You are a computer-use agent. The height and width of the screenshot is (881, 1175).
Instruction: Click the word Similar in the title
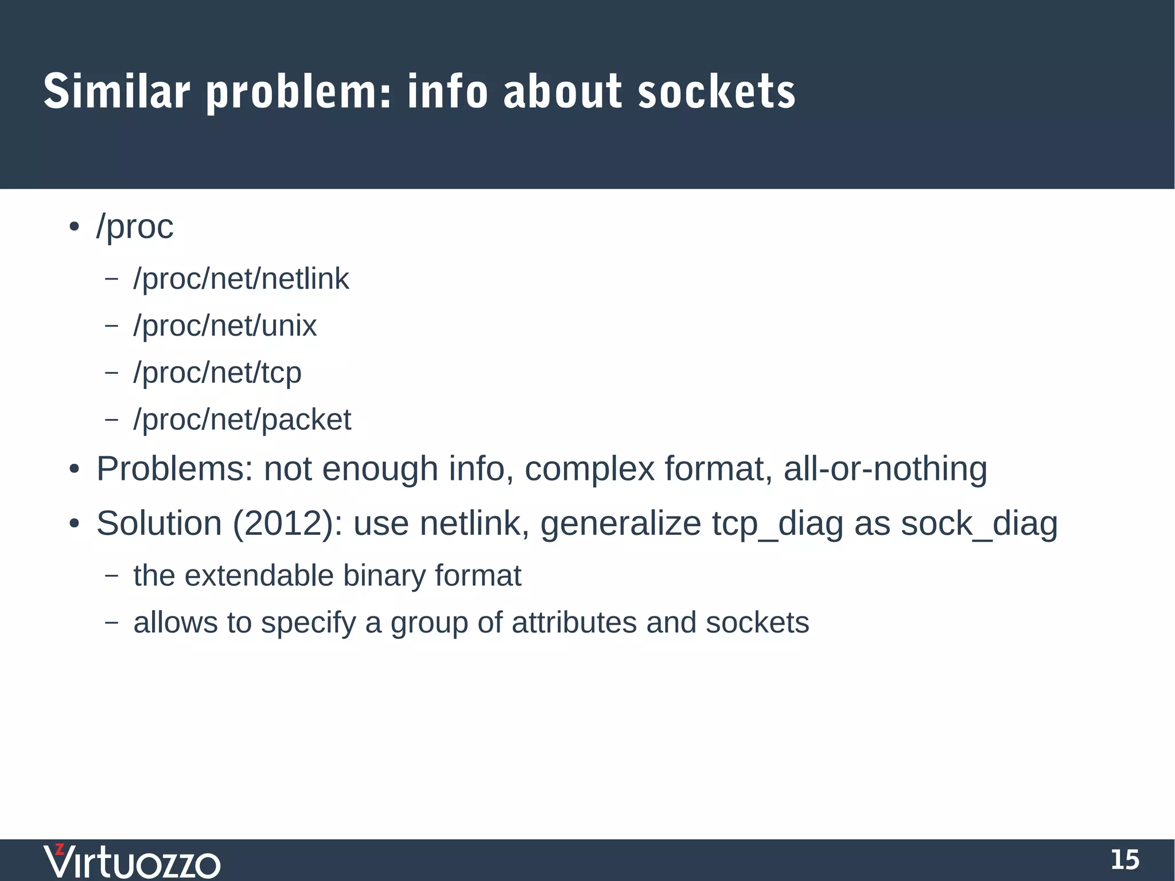point(116,92)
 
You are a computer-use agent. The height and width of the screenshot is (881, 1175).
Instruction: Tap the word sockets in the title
point(717,92)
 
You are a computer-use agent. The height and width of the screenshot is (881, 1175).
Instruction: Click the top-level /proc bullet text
point(135,227)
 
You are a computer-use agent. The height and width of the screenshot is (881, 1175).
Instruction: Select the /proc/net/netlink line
point(241,280)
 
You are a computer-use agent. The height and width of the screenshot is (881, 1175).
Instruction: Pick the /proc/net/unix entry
point(225,327)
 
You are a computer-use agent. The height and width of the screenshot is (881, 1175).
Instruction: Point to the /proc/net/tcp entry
point(217,374)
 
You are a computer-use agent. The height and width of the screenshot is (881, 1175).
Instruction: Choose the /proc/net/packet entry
point(242,420)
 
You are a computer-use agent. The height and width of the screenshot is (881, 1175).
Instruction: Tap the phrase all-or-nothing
point(885,468)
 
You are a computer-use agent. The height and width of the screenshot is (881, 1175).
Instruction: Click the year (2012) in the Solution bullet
point(283,524)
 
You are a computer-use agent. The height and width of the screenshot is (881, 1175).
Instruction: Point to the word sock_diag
point(979,524)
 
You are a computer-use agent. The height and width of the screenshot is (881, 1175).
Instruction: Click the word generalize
point(621,524)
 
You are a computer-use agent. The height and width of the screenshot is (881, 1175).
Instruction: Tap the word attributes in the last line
point(574,623)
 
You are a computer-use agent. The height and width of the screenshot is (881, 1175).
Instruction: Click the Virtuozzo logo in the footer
point(132,861)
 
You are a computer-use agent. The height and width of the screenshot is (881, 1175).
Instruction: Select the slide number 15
point(1125,860)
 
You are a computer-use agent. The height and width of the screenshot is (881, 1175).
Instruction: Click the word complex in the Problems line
point(589,469)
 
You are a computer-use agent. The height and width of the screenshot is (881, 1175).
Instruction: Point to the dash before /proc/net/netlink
point(112,280)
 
